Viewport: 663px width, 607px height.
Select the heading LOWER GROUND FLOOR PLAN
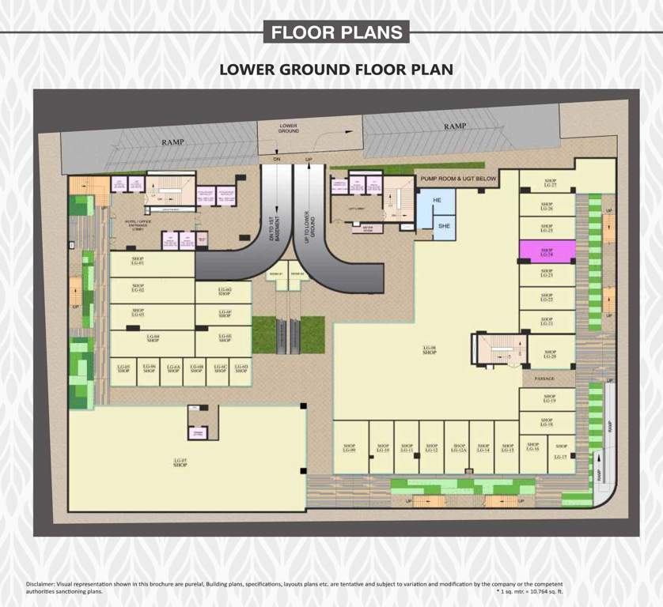(x=336, y=70)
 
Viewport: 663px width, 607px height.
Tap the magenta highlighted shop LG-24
(x=547, y=252)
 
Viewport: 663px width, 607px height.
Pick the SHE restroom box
(x=444, y=225)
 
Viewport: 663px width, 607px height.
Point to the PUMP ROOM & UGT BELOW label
(x=458, y=179)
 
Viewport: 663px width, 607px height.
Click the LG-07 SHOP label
(x=180, y=462)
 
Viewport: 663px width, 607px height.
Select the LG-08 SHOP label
(x=430, y=349)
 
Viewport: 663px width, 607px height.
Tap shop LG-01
(x=138, y=262)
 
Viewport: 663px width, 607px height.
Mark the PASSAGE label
(x=546, y=379)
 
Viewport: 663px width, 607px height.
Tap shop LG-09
(x=350, y=448)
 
